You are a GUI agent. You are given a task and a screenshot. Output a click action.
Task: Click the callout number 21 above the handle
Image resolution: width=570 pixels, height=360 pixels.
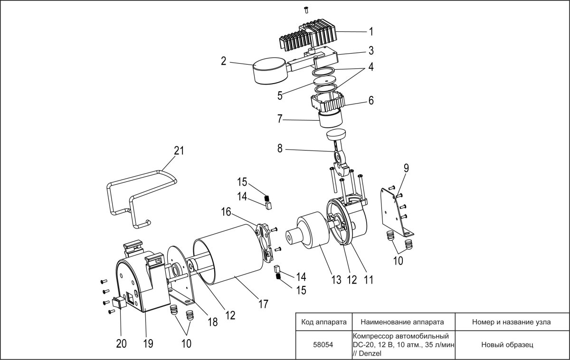pyautogui.click(x=179, y=151)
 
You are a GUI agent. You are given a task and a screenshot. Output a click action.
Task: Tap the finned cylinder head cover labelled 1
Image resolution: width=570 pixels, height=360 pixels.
pyautogui.click(x=309, y=36)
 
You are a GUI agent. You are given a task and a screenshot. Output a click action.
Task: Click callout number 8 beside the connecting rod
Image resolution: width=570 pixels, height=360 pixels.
pyautogui.click(x=280, y=149)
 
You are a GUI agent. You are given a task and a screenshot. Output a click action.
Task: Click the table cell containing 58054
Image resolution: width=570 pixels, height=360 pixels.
pyautogui.click(x=323, y=345)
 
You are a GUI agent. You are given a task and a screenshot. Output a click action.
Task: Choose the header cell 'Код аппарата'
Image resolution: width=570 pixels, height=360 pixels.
pyautogui.click(x=323, y=322)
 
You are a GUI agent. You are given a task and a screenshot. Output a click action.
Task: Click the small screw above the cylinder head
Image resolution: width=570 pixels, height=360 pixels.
pyautogui.click(x=306, y=9)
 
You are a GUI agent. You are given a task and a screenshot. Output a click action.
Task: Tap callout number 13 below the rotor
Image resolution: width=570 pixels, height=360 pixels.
pyautogui.click(x=336, y=280)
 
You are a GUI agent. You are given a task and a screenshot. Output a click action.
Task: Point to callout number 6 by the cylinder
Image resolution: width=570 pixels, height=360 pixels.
pyautogui.click(x=371, y=101)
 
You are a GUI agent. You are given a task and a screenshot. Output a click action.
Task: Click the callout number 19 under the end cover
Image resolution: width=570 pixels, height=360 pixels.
pyautogui.click(x=148, y=343)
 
